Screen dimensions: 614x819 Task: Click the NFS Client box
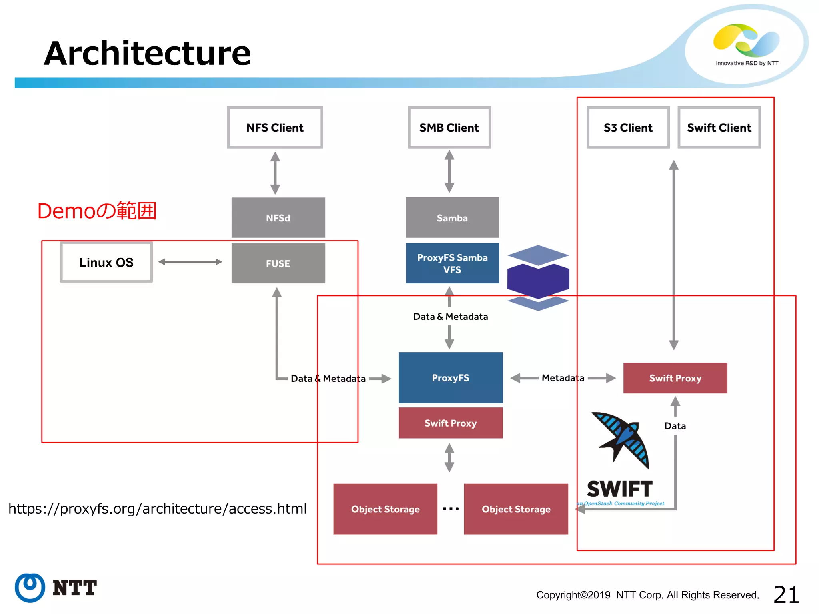275,128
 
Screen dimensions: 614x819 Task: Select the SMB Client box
449,128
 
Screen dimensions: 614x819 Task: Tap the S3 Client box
628,128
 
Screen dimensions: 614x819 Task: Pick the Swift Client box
719,128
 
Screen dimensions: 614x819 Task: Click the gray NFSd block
278,218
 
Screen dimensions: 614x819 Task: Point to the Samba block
452,218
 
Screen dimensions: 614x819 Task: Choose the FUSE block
278,263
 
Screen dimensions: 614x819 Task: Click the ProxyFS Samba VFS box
452,263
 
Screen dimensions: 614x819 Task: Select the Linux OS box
106,262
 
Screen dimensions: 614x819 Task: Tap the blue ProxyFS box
450,377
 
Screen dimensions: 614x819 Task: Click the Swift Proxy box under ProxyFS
450,423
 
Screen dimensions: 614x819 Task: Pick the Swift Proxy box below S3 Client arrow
675,378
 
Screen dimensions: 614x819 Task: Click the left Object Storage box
385,509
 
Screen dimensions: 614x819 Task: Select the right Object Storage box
516,509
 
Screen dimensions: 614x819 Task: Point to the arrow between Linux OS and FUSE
190,262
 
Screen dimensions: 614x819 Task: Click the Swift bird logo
621,440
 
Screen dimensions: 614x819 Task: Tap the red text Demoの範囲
97,211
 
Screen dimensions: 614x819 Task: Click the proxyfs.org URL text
157,508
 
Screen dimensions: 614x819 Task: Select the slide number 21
786,594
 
